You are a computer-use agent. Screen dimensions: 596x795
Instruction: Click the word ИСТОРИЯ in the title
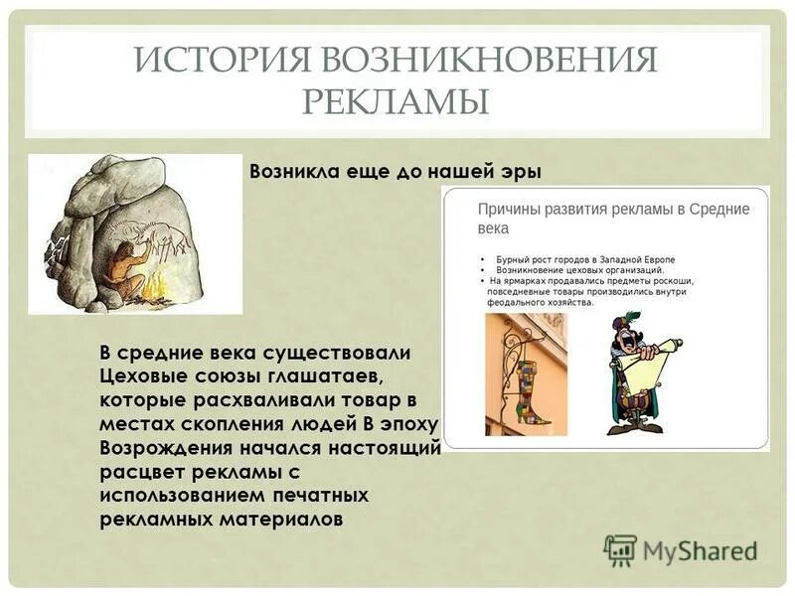pos(220,61)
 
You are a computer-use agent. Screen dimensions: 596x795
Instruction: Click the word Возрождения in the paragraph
pos(168,448)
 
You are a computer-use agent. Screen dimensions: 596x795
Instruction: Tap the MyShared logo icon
pos(620,549)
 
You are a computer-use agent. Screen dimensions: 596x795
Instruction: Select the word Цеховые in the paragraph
pos(143,376)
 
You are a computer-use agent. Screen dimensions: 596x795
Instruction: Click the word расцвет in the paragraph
pos(138,472)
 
